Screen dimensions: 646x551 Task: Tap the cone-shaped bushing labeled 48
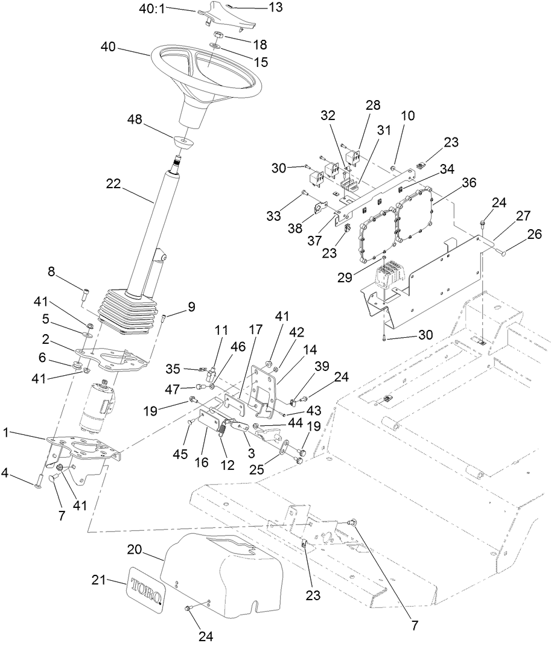182,142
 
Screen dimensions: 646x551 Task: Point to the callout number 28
372,105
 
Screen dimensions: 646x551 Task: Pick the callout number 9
191,306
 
